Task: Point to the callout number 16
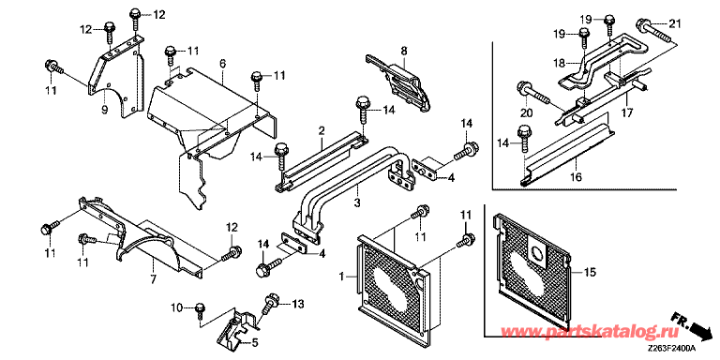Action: (x=577, y=177)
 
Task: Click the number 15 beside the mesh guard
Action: (x=590, y=272)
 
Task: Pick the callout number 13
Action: (x=297, y=304)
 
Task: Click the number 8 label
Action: (x=404, y=51)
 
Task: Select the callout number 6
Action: (x=222, y=65)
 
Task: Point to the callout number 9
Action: (x=104, y=110)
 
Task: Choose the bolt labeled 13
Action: (x=270, y=304)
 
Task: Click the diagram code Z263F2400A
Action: (x=672, y=349)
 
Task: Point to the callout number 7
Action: (x=154, y=278)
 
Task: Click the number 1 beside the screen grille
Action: (x=341, y=276)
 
